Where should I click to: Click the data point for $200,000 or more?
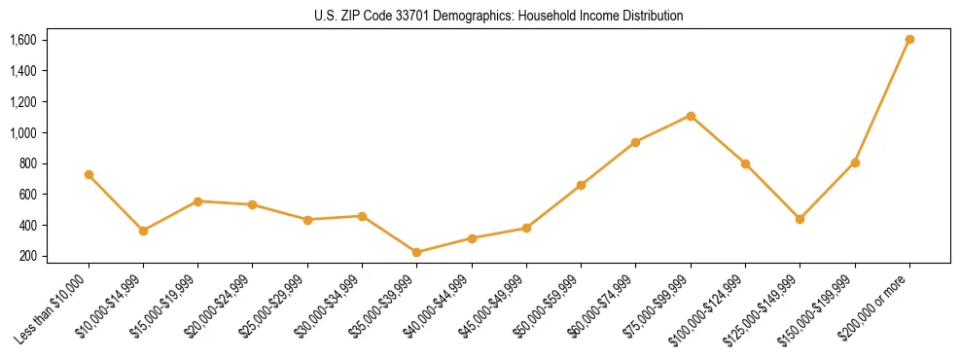click(909, 40)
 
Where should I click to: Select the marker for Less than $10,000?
click(89, 175)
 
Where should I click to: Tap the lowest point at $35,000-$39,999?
click(416, 252)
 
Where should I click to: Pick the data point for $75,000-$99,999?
click(691, 116)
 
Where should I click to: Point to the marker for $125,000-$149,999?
click(800, 220)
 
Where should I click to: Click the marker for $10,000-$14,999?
click(143, 232)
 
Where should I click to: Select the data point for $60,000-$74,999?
click(635, 142)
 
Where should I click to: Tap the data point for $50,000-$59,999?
click(581, 185)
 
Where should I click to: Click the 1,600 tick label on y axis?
click(23, 40)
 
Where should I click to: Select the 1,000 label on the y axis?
click(23, 132)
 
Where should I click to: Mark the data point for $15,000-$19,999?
click(197, 201)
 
